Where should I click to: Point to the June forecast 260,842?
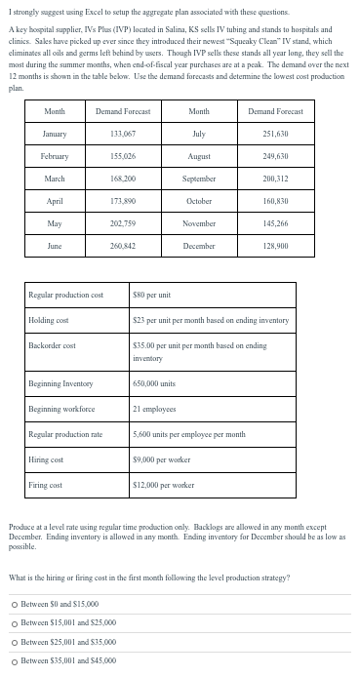pyautogui.click(x=121, y=247)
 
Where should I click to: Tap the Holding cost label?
pyautogui.click(x=48, y=321)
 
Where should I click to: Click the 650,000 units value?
pyautogui.click(x=155, y=383)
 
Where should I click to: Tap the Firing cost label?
pyautogui.click(x=46, y=484)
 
